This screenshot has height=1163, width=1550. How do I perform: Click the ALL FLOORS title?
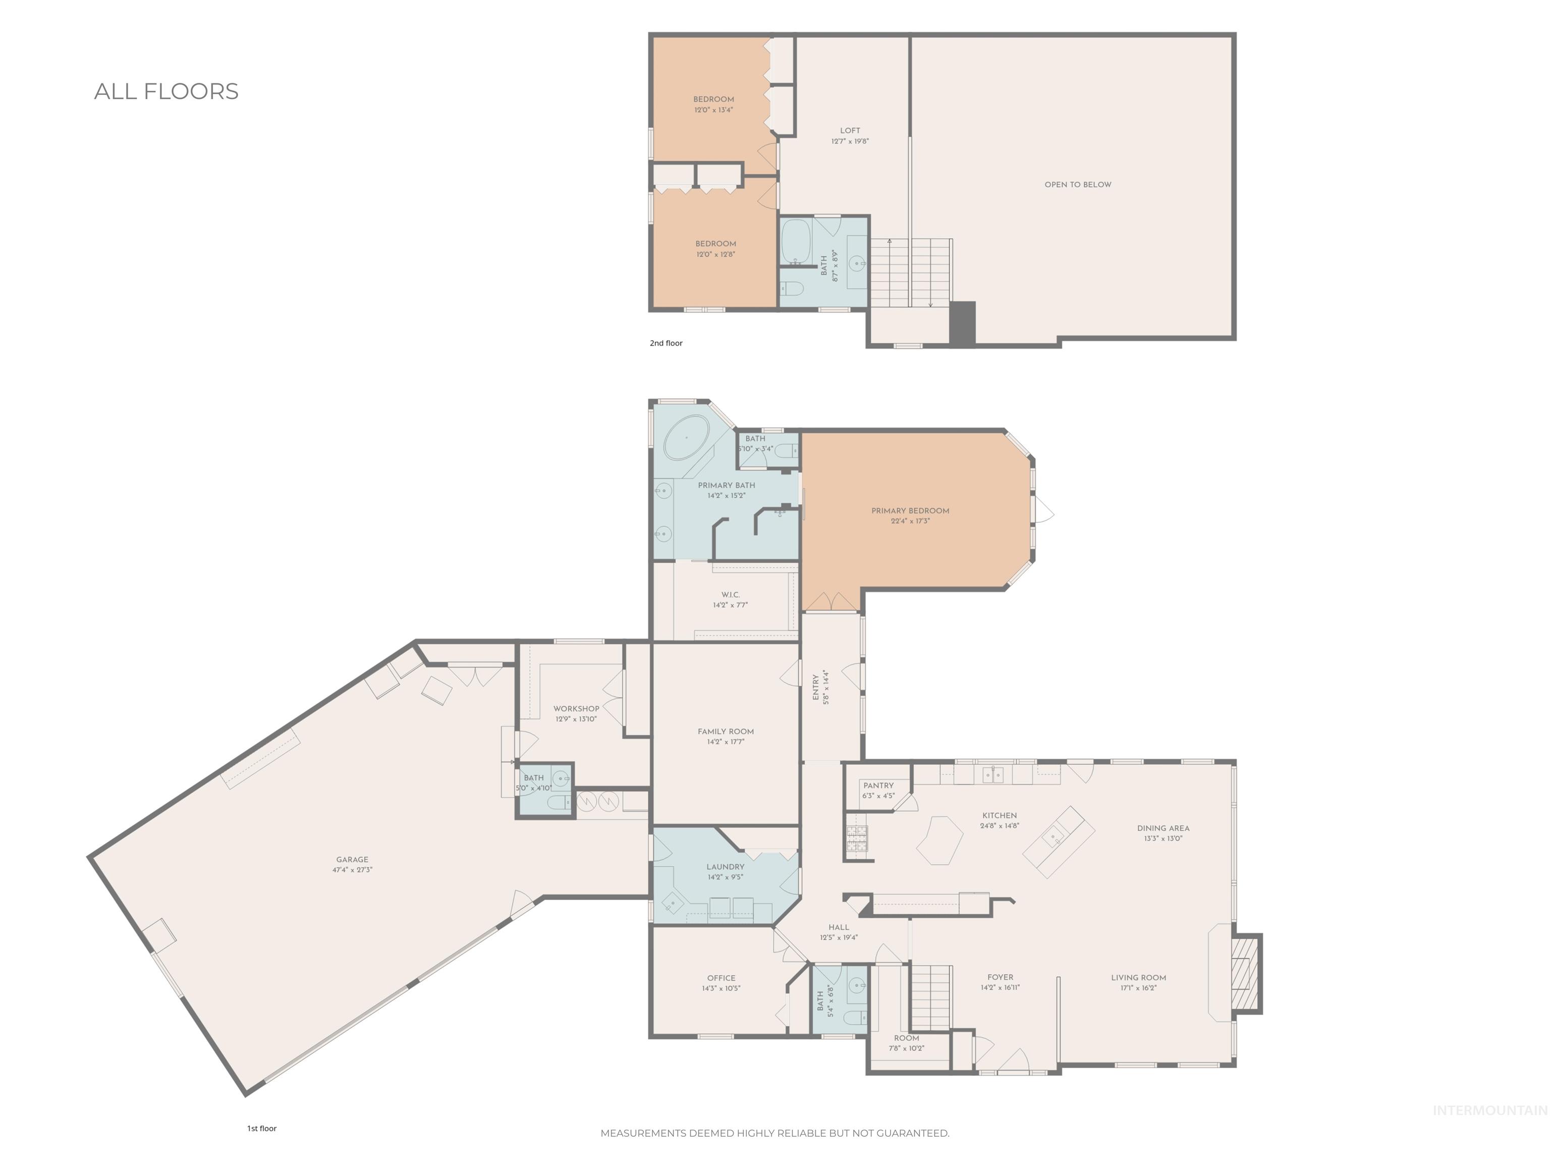[x=166, y=92]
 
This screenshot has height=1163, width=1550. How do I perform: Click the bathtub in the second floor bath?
[x=795, y=240]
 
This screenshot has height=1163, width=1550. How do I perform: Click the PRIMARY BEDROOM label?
[x=910, y=511]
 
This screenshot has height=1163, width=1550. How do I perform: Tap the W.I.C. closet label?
[x=730, y=595]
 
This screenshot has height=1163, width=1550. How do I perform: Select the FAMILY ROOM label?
[x=725, y=732]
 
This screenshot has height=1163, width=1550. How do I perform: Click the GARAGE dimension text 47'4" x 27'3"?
[x=352, y=870]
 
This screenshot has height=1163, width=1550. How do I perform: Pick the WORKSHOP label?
[x=576, y=709]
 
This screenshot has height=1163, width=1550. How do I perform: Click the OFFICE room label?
[x=721, y=978]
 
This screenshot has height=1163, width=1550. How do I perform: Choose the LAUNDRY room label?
[x=725, y=867]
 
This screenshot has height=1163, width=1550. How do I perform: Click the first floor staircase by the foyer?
[x=930, y=995]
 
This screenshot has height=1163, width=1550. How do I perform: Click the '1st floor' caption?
[x=261, y=1129]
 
